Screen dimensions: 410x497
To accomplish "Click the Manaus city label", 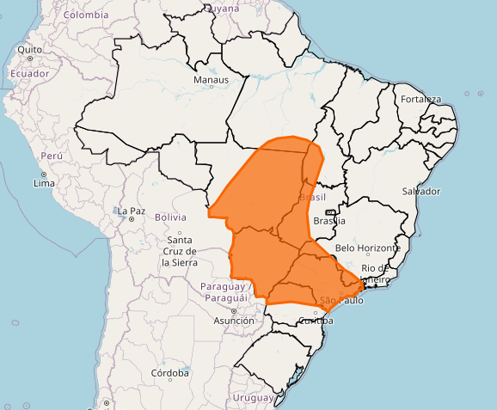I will pyautogui.click(x=212, y=80).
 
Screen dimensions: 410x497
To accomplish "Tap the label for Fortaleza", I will pyautogui.click(x=420, y=99).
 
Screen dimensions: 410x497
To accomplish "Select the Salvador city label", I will pyautogui.click(x=420, y=191).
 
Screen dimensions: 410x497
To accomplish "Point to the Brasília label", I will pyautogui.click(x=329, y=221).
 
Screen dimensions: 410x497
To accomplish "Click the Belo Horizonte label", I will pyautogui.click(x=367, y=248).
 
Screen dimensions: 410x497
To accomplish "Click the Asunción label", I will pyautogui.click(x=234, y=321).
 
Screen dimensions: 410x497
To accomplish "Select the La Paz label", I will pyautogui.click(x=132, y=211).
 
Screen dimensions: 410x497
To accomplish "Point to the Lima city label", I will pyautogui.click(x=44, y=184).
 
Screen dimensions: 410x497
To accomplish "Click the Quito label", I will pyautogui.click(x=29, y=49).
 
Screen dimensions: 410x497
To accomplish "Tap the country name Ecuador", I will pyautogui.click(x=29, y=73).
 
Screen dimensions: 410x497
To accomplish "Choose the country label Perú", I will pyautogui.click(x=52, y=156).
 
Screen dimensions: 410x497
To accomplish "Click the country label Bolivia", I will pyautogui.click(x=170, y=217).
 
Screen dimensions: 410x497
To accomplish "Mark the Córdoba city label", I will pyautogui.click(x=170, y=373).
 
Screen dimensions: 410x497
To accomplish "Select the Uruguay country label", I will pyautogui.click(x=252, y=398).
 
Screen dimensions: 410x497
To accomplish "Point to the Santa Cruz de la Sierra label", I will pyautogui.click(x=180, y=250).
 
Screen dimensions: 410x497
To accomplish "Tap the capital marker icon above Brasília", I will pyautogui.click(x=329, y=211).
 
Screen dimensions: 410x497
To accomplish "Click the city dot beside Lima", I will pyautogui.click(x=44, y=174).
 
